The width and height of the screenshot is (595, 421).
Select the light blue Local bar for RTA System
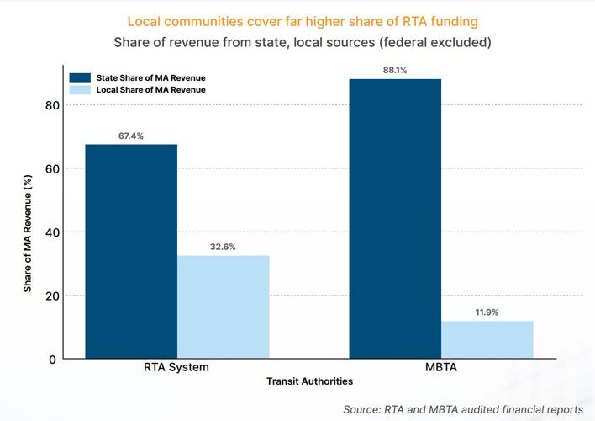tap(224, 306)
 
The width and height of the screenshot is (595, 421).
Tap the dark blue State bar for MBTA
tap(395, 218)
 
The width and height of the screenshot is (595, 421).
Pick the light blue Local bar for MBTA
tap(487, 339)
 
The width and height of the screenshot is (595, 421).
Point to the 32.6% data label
tap(223, 248)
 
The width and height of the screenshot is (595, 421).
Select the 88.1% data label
tap(395, 71)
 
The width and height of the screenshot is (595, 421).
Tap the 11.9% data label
tap(487, 312)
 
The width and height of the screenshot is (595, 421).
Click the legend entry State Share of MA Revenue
tap(150, 77)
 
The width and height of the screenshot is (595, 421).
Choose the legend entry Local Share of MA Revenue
tap(150, 89)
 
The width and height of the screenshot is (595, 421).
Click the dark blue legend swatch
tap(80, 77)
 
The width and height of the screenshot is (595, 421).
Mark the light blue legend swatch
tap(80, 89)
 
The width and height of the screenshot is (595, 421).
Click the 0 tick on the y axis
tap(52, 360)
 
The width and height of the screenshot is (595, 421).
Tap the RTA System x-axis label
tap(176, 368)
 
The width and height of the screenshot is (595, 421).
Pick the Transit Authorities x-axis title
tap(309, 381)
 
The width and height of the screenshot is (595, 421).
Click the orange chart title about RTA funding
tap(297, 21)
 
